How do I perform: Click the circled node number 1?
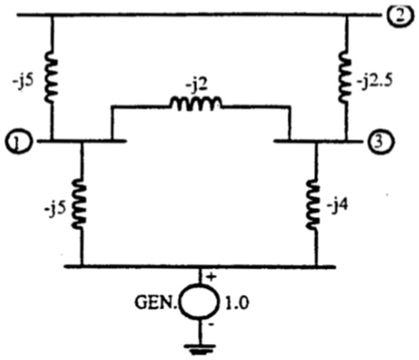pyautogui.click(x=17, y=140)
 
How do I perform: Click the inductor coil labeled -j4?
pyautogui.click(x=317, y=200)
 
